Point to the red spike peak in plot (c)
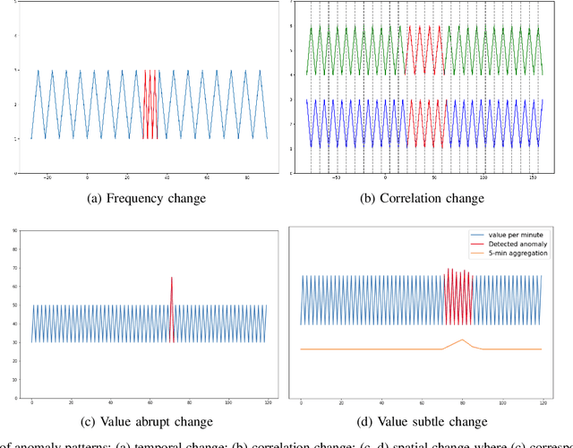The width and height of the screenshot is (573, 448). tap(172, 278)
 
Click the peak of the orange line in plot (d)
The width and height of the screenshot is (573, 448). tap(463, 340)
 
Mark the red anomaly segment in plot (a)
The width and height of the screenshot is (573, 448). tap(150, 103)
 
